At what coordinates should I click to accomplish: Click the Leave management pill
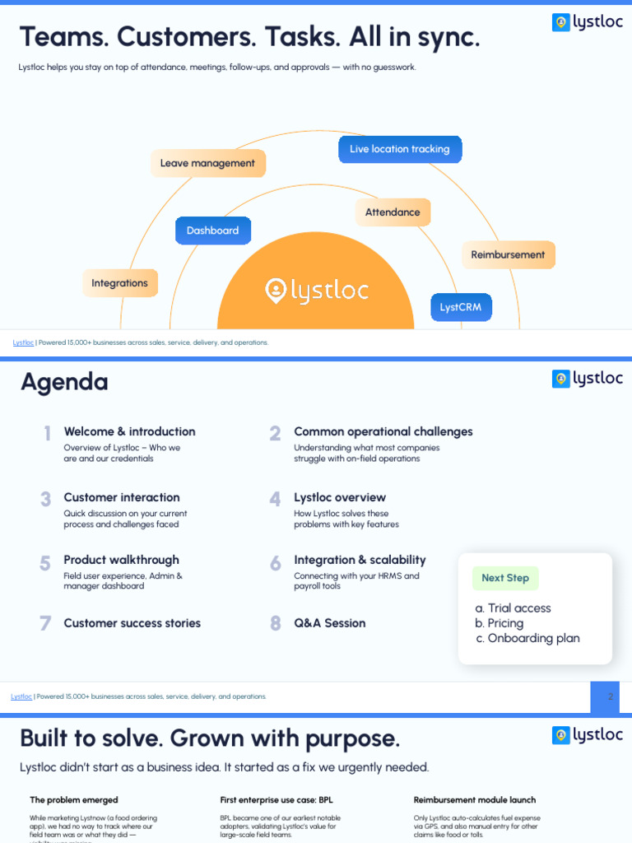[x=207, y=163]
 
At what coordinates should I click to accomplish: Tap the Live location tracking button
[x=400, y=149]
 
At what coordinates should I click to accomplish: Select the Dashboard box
[x=212, y=231]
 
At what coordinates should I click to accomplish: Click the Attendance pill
[x=393, y=212]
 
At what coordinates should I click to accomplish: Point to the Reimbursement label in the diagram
[x=508, y=254]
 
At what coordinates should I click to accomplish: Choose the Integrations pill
[x=119, y=283]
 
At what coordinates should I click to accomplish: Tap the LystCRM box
[x=461, y=307]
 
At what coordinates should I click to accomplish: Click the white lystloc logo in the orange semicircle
[x=316, y=291]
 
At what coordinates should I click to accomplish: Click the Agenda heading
[x=64, y=382]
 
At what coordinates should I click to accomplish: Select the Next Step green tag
[x=505, y=578]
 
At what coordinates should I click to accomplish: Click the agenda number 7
[x=45, y=623]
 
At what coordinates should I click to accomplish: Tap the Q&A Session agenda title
[x=329, y=623]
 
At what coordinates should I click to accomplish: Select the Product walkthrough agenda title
[x=121, y=560]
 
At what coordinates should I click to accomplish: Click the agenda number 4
[x=275, y=499]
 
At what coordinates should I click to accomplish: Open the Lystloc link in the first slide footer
[x=23, y=342]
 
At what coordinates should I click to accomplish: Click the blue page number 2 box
[x=605, y=696]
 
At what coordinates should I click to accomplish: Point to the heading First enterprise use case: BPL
[x=276, y=799]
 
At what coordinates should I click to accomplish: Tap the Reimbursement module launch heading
[x=474, y=799]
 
